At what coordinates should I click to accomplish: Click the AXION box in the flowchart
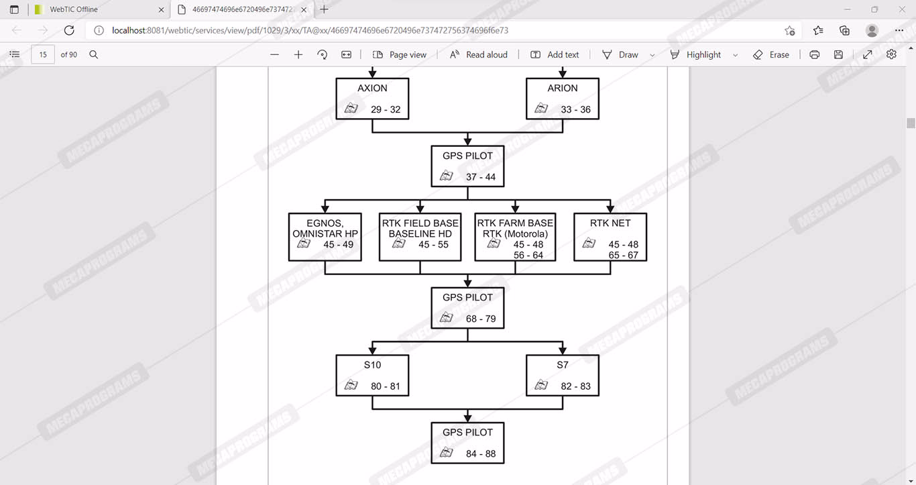tap(372, 99)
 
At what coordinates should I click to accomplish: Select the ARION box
tap(562, 99)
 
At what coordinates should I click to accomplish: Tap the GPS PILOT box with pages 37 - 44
tap(467, 166)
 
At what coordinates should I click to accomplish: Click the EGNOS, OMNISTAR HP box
tap(325, 237)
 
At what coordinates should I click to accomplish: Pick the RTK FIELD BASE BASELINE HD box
tap(420, 237)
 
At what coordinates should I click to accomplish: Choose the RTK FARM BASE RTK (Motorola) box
tap(515, 237)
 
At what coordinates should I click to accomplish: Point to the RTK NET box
tap(610, 237)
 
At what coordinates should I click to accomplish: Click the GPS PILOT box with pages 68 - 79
tap(467, 308)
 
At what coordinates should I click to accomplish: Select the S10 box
tap(372, 376)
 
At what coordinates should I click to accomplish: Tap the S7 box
tap(562, 376)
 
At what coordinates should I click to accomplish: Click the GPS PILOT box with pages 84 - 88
tap(467, 443)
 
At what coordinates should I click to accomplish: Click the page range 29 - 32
tap(386, 110)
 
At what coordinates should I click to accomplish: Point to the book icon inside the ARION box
tap(541, 108)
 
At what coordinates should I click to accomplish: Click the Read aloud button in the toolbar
tap(479, 55)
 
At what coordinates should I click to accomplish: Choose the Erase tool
tap(771, 55)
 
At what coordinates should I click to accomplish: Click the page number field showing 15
tap(43, 55)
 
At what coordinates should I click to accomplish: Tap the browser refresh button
tap(69, 31)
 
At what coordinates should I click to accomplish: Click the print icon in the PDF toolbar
tap(814, 55)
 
